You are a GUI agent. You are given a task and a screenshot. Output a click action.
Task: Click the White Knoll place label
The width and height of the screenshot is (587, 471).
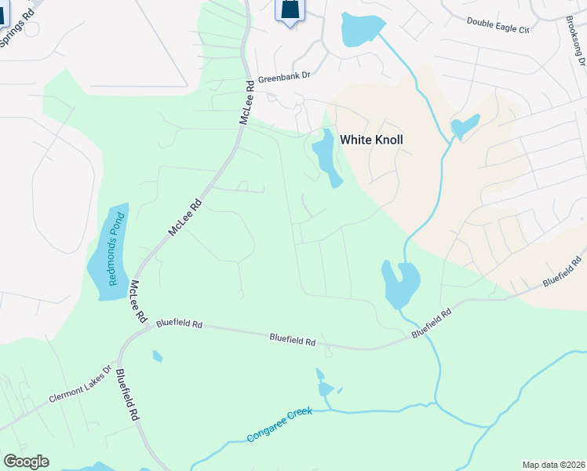pos(371,140)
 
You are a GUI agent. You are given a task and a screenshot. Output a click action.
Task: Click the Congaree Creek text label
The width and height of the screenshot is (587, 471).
pos(279,424)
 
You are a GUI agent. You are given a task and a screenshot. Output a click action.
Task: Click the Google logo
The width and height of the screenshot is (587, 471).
pos(26,462)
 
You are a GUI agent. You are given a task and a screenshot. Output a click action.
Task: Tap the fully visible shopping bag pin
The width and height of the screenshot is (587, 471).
pos(290,10)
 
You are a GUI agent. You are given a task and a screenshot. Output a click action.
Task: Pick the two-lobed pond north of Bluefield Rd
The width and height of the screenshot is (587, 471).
pos(399,283)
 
